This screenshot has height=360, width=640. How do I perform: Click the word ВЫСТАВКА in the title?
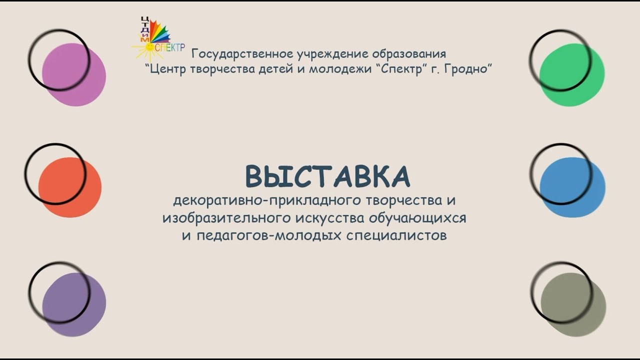click(327, 176)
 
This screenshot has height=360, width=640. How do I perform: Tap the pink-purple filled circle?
click(74, 74)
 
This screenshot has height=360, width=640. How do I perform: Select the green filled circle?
click(572, 74)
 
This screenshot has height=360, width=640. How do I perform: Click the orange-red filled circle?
click(70, 187)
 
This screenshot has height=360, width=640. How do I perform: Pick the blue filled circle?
click(572, 187)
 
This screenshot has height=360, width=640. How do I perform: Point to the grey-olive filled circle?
click(573, 304)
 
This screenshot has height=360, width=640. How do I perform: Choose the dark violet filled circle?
click(74, 304)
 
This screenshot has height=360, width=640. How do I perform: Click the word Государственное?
click(242, 54)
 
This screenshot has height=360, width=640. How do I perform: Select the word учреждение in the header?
click(332, 54)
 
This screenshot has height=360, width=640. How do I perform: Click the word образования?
click(409, 54)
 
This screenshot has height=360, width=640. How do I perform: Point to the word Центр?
click(168, 69)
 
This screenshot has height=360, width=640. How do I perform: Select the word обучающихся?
click(417, 218)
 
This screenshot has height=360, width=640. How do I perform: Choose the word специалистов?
click(396, 236)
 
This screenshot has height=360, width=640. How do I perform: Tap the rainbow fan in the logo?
click(159, 32)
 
